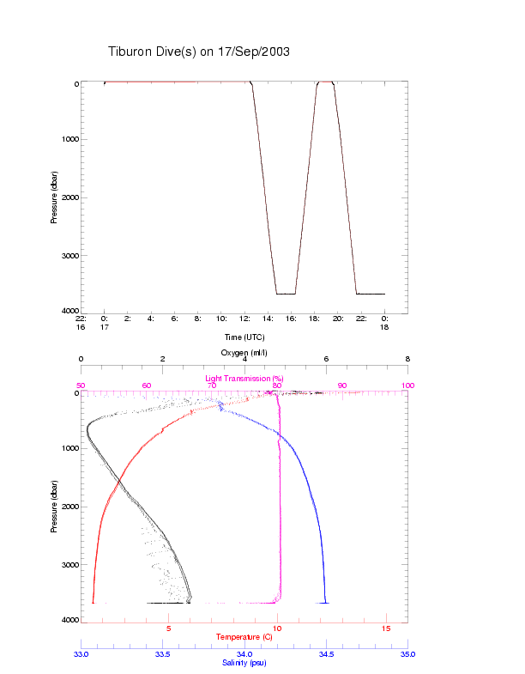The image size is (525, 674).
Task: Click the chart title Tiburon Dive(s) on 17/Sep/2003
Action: click(x=199, y=52)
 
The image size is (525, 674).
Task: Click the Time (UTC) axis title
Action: click(x=244, y=337)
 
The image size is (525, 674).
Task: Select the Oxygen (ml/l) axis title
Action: click(x=244, y=353)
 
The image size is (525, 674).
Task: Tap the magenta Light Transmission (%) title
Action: click(x=244, y=379)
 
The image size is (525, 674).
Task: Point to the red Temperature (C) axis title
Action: click(x=244, y=637)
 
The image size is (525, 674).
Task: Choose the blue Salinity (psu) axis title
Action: click(x=244, y=663)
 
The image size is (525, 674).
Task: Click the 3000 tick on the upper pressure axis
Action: click(x=68, y=256)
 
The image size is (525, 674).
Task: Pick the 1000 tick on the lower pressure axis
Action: click(x=68, y=449)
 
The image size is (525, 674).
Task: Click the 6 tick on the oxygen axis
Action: click(x=326, y=360)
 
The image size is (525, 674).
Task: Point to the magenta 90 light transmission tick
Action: click(x=342, y=386)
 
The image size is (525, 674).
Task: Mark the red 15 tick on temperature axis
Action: click(x=386, y=628)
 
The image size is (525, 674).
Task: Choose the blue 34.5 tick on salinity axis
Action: click(x=326, y=654)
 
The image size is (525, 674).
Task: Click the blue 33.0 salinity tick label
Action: click(x=81, y=654)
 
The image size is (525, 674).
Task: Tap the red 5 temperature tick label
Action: click(x=169, y=628)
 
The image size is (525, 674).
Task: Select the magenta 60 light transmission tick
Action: click(x=146, y=386)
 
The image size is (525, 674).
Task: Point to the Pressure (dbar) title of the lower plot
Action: click(x=54, y=507)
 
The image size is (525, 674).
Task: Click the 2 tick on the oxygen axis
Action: click(x=163, y=360)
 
